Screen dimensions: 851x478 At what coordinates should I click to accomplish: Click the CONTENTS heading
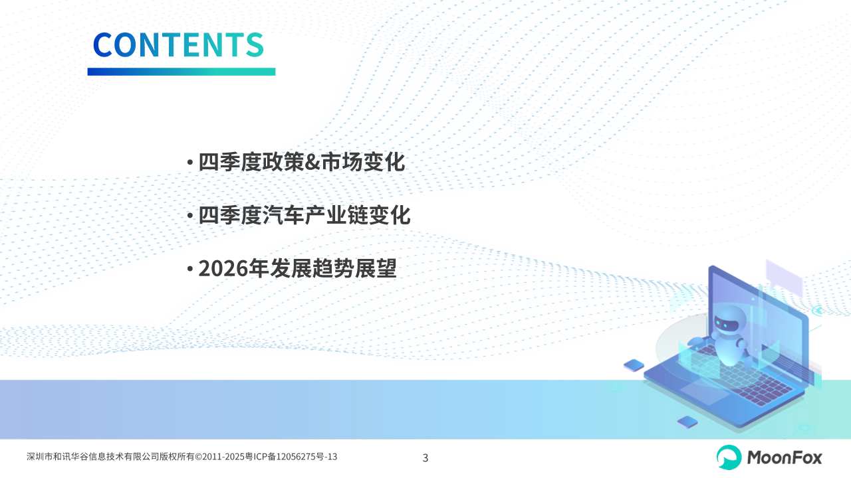(178, 44)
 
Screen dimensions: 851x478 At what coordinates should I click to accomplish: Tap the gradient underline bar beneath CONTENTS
(182, 72)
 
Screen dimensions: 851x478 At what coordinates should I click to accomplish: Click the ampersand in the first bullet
(312, 163)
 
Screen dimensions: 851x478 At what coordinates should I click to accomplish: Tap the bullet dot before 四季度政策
(190, 163)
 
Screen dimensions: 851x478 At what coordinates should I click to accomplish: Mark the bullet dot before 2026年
(190, 269)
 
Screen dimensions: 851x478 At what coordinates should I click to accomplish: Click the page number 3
(425, 458)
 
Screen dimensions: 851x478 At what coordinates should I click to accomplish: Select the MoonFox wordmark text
(785, 457)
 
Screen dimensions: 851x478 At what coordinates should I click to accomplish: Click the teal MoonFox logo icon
(729, 457)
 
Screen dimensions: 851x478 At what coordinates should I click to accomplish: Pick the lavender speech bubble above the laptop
(784, 276)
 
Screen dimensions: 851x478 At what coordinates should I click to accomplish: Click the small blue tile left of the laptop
(634, 365)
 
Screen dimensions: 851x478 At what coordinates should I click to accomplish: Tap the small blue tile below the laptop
(687, 422)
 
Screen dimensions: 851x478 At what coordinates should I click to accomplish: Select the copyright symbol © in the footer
(198, 457)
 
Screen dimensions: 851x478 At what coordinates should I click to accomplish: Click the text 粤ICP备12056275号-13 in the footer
(292, 457)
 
